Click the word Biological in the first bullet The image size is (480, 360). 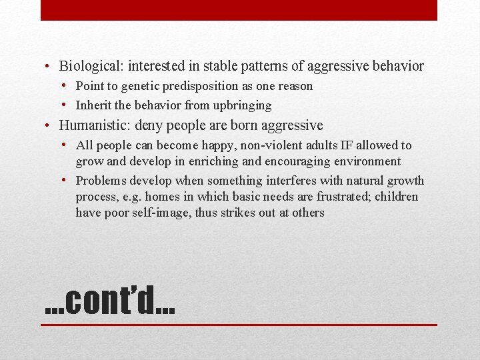click(88, 66)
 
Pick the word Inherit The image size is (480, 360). click(93, 105)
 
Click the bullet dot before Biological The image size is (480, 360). click(49, 67)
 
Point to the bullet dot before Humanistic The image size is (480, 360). click(49, 126)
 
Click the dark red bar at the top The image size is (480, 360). click(239, 10)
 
